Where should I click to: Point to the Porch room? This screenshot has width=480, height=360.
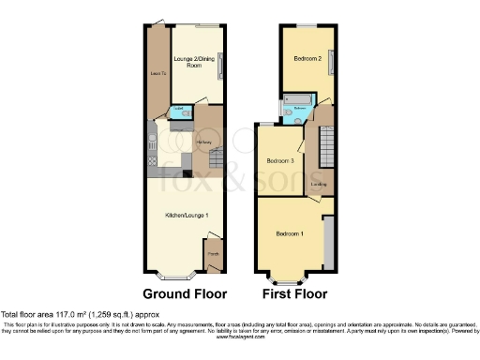coord(214,253)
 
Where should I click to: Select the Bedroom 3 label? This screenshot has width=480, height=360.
coord(280,161)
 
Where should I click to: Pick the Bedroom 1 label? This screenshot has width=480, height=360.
coord(289,232)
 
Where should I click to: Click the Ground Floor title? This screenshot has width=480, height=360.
coord(184,292)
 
